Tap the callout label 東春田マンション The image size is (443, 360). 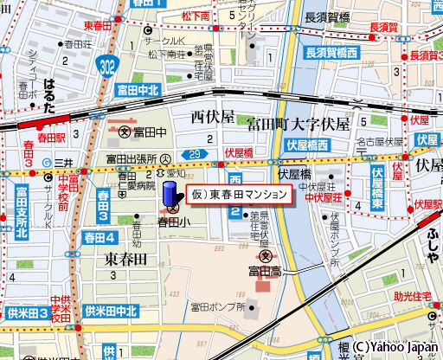[238, 195]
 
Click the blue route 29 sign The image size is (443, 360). [196, 154]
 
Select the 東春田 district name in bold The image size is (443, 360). [127, 259]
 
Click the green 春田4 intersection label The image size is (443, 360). [100, 237]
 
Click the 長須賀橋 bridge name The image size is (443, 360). [327, 16]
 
